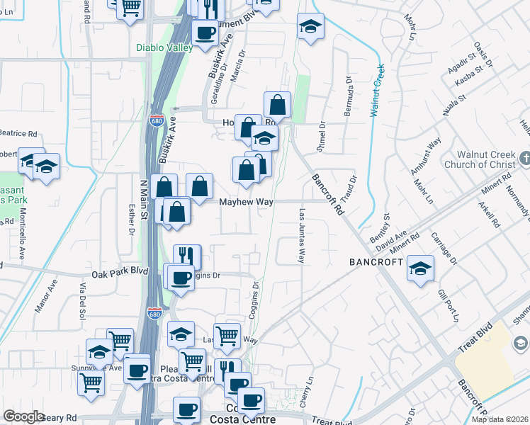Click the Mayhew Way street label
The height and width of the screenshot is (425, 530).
[246, 202]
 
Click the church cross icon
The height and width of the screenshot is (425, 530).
[524, 159]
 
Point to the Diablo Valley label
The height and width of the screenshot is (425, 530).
[164, 48]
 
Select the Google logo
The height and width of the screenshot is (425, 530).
[23, 416]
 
